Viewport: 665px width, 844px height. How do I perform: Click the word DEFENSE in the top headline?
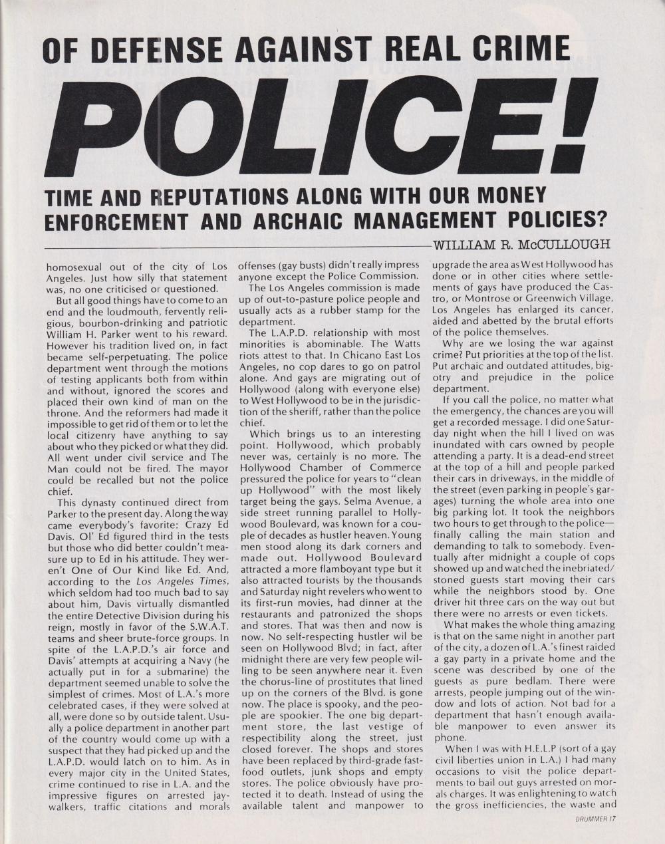(x=167, y=51)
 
